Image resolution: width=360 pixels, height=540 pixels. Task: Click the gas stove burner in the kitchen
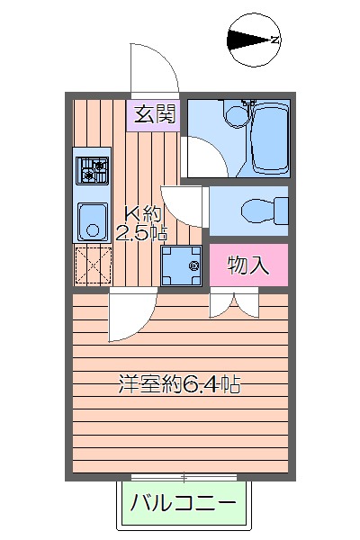tap(92, 168)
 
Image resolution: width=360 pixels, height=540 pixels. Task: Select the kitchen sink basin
tap(92, 220)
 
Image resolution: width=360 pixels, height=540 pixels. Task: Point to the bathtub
tap(268, 138)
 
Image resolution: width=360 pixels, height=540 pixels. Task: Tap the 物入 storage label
tap(248, 265)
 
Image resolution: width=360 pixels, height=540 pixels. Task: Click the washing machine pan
tap(183, 265)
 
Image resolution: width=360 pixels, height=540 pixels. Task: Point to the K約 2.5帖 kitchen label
tap(141, 224)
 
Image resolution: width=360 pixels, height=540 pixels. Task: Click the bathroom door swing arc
tap(199, 157)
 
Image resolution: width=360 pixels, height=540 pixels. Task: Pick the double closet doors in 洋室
tap(234, 305)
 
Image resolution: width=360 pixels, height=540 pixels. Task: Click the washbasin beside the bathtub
tap(235, 114)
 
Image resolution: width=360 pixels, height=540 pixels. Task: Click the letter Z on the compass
tap(275, 39)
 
